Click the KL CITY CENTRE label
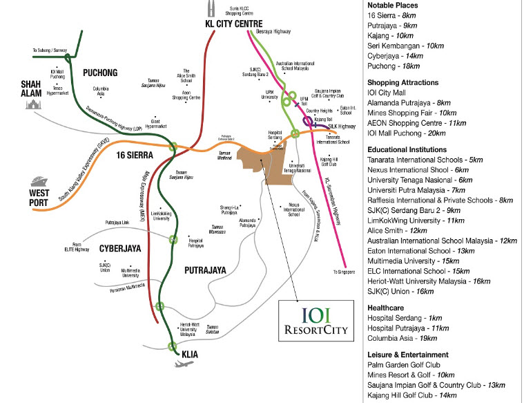click(x=233, y=24)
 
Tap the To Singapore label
click(x=347, y=272)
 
